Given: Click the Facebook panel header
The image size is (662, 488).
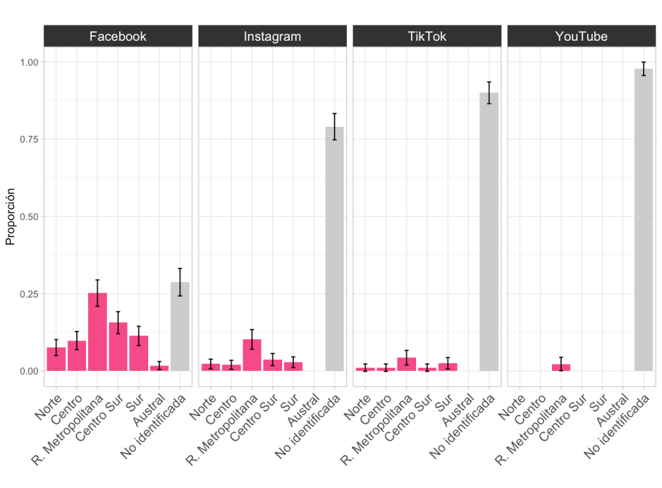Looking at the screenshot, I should click(118, 36).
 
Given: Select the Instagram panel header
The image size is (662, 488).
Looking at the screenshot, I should click(272, 36).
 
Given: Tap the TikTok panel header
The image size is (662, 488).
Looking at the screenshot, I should click(426, 36).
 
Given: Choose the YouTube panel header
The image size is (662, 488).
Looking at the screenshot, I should click(581, 36).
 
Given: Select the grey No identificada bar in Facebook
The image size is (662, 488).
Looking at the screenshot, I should click(180, 327).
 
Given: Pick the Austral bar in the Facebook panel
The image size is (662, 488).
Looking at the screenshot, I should click(159, 368).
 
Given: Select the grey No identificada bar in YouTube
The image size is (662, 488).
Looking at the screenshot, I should click(644, 220).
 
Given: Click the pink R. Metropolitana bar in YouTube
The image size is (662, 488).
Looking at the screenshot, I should click(562, 368).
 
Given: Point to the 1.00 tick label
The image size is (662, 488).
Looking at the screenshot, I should click(28, 62).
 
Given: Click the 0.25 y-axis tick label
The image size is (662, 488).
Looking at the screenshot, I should click(28, 294).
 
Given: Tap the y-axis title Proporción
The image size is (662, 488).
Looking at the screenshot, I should click(10, 217).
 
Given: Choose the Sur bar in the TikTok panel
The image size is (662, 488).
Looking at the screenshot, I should click(448, 367).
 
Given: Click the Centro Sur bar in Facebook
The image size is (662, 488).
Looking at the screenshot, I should click(118, 347).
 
